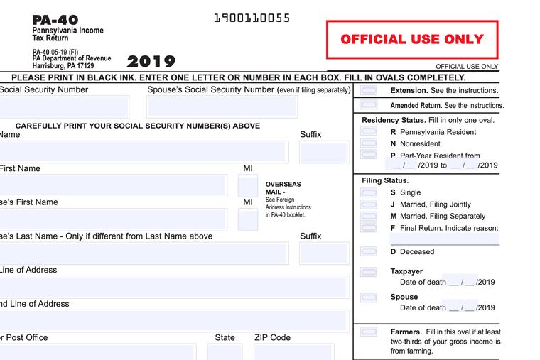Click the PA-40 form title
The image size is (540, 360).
pyautogui.click(x=55, y=20)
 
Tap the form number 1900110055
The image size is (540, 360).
pyautogui.click(x=252, y=18)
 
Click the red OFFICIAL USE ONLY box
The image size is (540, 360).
pyautogui.click(x=412, y=39)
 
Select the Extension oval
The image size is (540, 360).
pyautogui.click(x=369, y=91)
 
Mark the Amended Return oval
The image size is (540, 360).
pyautogui.click(x=369, y=105)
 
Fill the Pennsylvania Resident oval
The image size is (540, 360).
pyautogui.click(x=369, y=132)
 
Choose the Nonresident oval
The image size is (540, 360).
pyautogui.click(x=369, y=143)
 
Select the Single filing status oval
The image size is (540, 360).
pyautogui.click(x=369, y=192)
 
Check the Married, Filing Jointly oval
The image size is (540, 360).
pyautogui.click(x=369, y=204)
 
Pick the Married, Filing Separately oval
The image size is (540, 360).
pyautogui.click(x=369, y=216)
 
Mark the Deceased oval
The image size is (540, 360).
pyautogui.click(x=369, y=251)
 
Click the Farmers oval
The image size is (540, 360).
pyautogui.click(x=369, y=332)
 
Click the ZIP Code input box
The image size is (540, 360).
pyautogui.click(x=293, y=351)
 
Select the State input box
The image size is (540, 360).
pyautogui.click(x=225, y=351)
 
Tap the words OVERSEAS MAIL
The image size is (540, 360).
pyautogui.click(x=283, y=187)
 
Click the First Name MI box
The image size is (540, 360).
pyautogui.click(x=248, y=186)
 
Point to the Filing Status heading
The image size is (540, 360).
pyautogui.click(x=385, y=180)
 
